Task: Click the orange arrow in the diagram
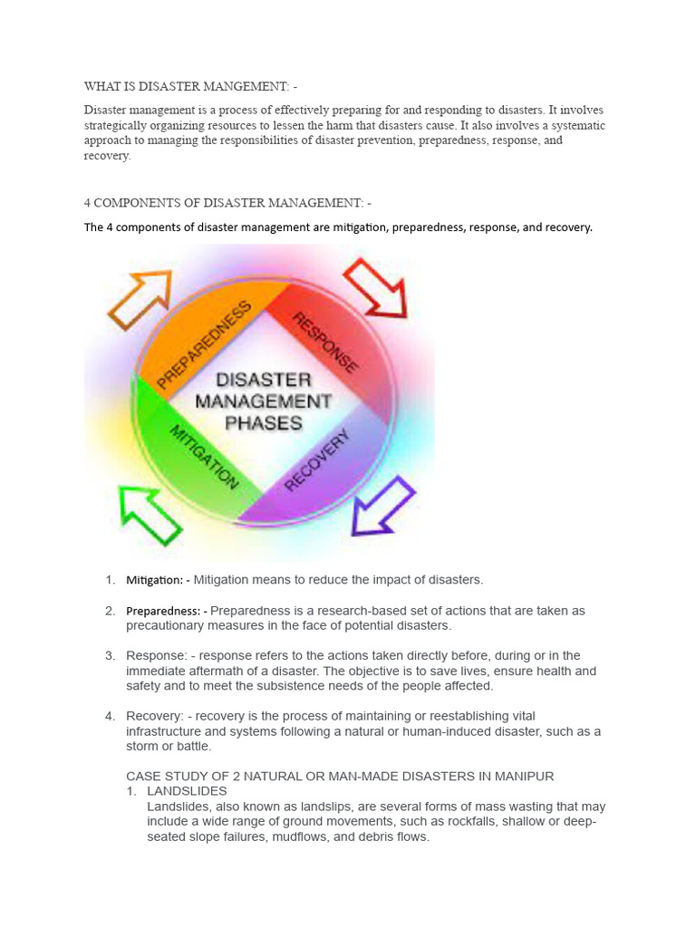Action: [x=139, y=298]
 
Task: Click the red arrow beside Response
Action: [x=375, y=287]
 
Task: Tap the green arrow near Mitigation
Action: [x=151, y=516]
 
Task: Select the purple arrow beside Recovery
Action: [x=382, y=505]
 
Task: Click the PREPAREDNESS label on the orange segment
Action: [x=204, y=345]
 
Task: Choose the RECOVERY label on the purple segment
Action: [x=317, y=461]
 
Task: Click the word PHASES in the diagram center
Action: [x=264, y=422]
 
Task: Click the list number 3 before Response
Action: [x=110, y=655]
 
